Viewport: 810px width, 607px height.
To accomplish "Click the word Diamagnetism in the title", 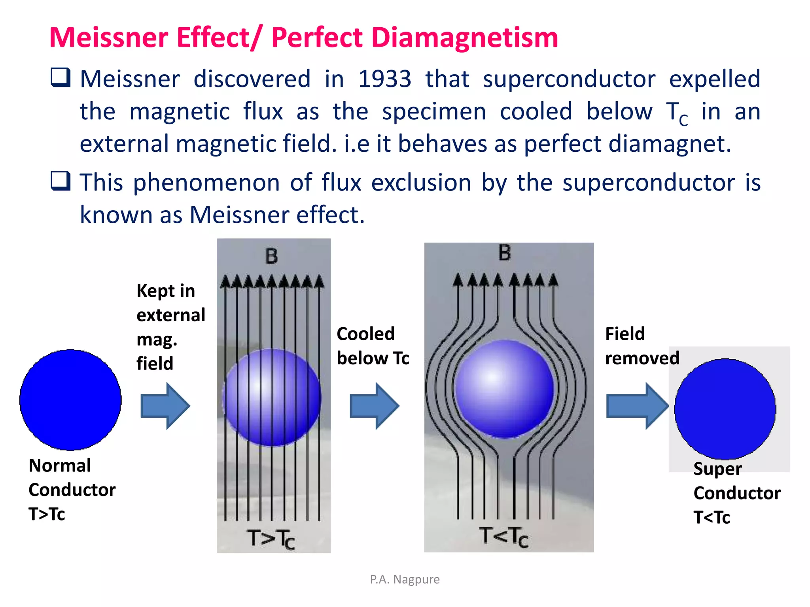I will (x=464, y=38).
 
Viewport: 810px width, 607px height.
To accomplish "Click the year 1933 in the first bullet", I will (x=384, y=79).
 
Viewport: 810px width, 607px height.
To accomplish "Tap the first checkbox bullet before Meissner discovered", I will (x=61, y=77).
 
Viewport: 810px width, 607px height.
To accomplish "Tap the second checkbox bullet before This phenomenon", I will (x=61, y=181).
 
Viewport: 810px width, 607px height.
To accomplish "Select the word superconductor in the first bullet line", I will (x=569, y=79).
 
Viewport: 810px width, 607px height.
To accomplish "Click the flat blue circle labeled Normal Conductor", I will (x=70, y=400).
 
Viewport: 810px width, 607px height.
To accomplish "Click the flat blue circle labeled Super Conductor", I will (x=725, y=409).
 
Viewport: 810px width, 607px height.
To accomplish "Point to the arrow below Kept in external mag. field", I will (x=165, y=405).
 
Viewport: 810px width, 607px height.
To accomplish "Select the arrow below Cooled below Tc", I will (x=374, y=405).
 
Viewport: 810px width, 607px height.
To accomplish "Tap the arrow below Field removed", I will (x=637, y=405).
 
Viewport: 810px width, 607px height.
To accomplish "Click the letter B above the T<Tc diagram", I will (x=504, y=253).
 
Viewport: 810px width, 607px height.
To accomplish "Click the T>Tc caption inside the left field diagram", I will (x=271, y=539).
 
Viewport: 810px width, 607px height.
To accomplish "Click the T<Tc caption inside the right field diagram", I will (x=504, y=537).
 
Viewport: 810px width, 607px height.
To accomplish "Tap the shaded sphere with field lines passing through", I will (x=272, y=397).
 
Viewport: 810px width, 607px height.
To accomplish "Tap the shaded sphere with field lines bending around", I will (x=504, y=389).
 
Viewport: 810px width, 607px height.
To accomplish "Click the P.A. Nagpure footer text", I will (x=405, y=579).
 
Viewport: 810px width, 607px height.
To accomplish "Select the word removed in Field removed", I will (x=642, y=358).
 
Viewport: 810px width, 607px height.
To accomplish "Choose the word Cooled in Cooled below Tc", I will (x=365, y=334).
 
